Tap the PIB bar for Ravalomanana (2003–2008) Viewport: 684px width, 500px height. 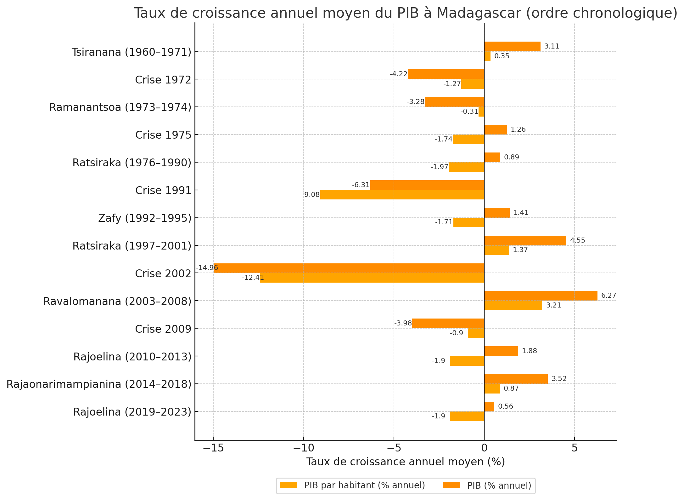click(x=541, y=296)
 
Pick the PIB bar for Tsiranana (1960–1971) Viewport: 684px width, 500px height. click(x=512, y=46)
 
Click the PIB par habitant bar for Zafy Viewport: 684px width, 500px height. click(x=469, y=222)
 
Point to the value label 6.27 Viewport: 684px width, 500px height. click(x=608, y=296)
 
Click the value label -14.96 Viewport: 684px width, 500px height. click(x=207, y=268)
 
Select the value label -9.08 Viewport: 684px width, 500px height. click(x=311, y=195)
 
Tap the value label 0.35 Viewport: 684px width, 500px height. click(x=502, y=56)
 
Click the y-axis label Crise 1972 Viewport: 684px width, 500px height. click(x=163, y=80)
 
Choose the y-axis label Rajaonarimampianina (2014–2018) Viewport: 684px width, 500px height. click(x=99, y=384)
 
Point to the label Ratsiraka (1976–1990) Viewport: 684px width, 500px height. click(x=132, y=163)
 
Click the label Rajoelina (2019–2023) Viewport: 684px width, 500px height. click(x=132, y=412)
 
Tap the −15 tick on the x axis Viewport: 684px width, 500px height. click(x=213, y=448)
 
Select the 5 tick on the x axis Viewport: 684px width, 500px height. click(x=575, y=448)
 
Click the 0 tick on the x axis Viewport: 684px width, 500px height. click(x=484, y=448)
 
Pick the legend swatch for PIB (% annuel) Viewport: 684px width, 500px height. click(x=451, y=486)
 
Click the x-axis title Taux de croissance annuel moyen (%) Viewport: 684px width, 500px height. click(x=406, y=462)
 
